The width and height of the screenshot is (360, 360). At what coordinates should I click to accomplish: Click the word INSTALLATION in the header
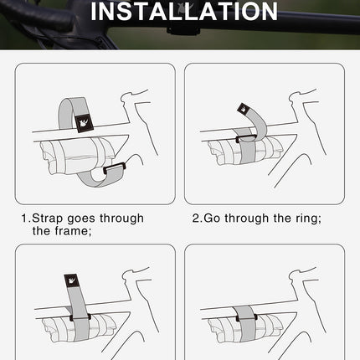[x=183, y=12]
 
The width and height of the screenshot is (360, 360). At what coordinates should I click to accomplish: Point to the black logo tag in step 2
[x=243, y=108]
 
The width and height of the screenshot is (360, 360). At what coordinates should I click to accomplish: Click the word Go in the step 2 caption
[x=212, y=219]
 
